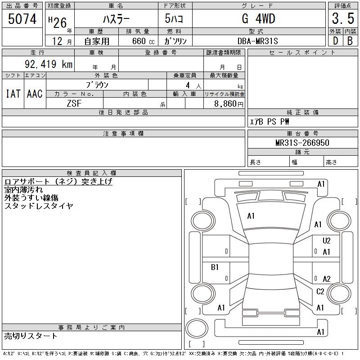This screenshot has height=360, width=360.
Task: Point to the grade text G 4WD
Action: click(x=258, y=19)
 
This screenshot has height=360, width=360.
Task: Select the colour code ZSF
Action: click(x=75, y=103)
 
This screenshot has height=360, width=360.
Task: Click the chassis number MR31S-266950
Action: click(x=302, y=143)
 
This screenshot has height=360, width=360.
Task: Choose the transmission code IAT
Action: click(x=13, y=94)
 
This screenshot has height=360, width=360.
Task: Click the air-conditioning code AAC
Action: click(x=35, y=94)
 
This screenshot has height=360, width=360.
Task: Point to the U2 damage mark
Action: click(x=327, y=241)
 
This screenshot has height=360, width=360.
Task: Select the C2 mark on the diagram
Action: click(x=320, y=292)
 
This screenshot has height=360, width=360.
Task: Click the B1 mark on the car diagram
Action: click(x=215, y=267)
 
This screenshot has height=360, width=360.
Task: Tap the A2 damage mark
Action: click(x=327, y=279)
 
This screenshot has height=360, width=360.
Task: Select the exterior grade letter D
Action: click(x=335, y=41)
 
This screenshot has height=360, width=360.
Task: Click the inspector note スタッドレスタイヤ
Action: click(x=39, y=206)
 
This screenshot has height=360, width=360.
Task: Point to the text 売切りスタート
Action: click(x=31, y=336)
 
